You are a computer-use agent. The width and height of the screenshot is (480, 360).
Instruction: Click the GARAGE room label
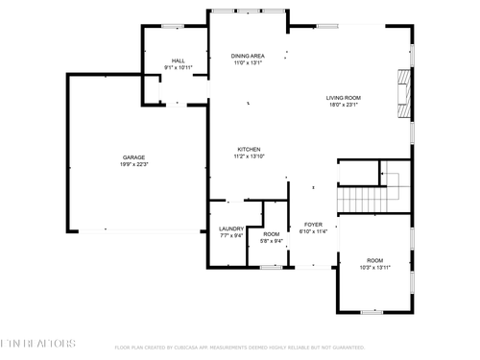(x=133, y=157)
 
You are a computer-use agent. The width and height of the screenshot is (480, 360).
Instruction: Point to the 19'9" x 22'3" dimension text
(x=133, y=164)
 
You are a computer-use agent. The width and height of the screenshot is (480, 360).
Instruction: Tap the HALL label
(x=178, y=60)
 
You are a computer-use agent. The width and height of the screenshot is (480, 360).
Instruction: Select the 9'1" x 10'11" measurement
(x=178, y=67)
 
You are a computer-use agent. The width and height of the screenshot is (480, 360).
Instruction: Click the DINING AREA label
(x=248, y=56)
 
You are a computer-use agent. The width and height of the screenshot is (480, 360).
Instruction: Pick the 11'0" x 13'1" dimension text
(x=248, y=62)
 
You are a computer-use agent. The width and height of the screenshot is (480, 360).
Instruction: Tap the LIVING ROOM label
(x=343, y=98)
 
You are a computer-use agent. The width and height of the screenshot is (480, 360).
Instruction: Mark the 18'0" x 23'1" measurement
(x=343, y=105)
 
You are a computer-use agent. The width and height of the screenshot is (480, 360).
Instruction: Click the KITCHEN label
(x=250, y=149)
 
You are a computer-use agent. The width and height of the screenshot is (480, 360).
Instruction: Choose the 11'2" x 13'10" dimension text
(x=250, y=156)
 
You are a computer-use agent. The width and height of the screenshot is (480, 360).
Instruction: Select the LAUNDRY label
(x=230, y=228)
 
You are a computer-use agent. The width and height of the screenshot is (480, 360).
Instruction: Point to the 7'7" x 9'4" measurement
(x=230, y=235)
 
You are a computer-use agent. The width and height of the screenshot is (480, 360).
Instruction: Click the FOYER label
(x=313, y=224)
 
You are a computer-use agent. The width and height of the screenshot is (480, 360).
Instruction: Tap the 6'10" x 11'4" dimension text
(x=313, y=230)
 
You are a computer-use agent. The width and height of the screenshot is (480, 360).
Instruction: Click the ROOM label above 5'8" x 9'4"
(x=272, y=234)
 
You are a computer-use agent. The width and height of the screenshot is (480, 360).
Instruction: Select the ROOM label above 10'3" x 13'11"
(x=373, y=260)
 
